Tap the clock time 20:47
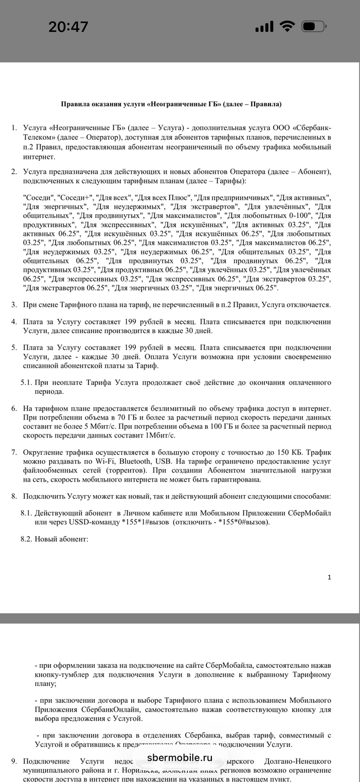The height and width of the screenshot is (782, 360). (68, 27)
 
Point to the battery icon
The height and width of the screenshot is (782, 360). (314, 26)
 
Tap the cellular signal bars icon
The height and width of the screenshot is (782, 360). (265, 26)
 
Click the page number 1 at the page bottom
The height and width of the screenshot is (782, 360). (329, 577)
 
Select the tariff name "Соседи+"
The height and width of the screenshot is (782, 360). (76, 197)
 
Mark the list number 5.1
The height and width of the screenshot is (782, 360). (27, 383)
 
